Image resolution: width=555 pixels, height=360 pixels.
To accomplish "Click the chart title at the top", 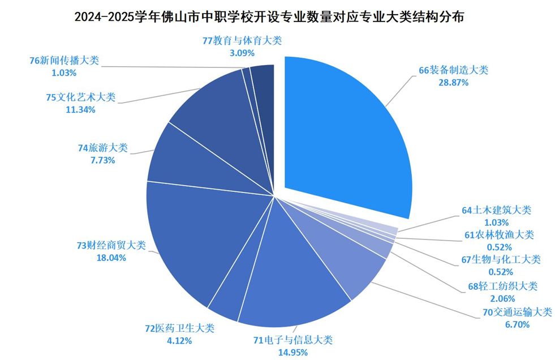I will point(277,17).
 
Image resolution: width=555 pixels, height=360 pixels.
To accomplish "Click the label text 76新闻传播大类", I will point(63,61).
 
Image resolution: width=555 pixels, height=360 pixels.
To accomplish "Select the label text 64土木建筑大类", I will point(496,210).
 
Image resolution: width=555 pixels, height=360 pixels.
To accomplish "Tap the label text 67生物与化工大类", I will point(501,260).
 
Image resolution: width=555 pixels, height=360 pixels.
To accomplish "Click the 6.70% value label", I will point(515,324).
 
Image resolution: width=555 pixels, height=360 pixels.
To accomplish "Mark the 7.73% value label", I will point(103,160).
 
